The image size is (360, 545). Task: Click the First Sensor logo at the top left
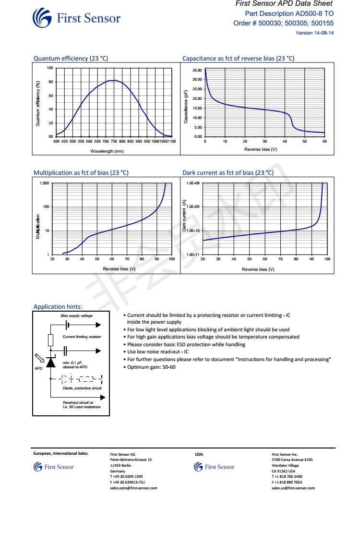click(x=76, y=19)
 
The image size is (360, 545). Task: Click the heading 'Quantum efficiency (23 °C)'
click(x=71, y=59)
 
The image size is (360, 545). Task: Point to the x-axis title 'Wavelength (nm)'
click(x=107, y=151)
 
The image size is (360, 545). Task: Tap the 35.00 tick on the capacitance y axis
click(x=197, y=71)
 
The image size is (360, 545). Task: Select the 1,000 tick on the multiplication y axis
click(x=45, y=183)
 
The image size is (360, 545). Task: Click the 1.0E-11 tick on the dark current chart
click(x=192, y=254)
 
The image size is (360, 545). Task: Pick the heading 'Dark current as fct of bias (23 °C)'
click(x=228, y=173)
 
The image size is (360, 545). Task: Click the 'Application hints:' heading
click(x=58, y=307)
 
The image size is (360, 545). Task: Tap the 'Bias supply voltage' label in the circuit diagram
click(x=77, y=316)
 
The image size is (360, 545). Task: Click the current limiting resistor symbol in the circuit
click(x=50, y=340)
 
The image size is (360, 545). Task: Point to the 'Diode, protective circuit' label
click(x=82, y=388)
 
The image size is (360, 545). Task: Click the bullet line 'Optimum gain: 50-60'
click(x=151, y=367)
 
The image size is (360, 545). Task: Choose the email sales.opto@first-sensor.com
click(x=133, y=488)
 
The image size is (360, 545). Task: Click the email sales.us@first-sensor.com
click(x=293, y=488)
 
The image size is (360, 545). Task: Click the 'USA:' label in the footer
click(x=200, y=453)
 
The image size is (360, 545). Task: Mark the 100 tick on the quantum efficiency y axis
click(x=50, y=68)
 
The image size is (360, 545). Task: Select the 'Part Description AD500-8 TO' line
click(x=289, y=13)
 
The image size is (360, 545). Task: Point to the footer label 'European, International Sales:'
click(x=60, y=453)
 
